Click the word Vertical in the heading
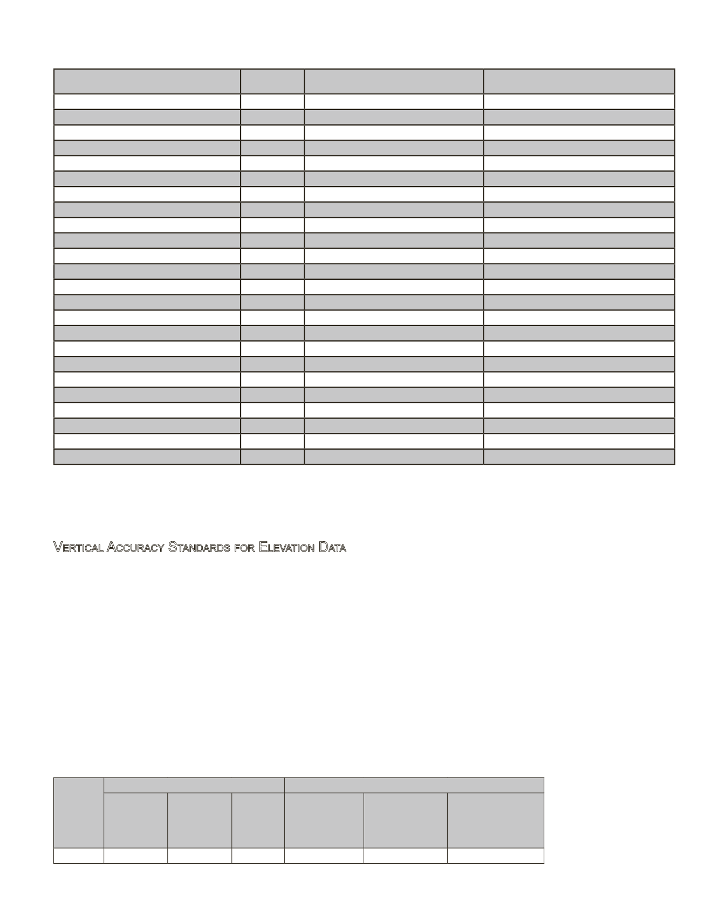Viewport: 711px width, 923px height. [79, 548]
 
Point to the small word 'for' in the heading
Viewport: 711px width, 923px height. [244, 548]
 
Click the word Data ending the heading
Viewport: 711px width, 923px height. [332, 548]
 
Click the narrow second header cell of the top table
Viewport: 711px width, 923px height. [272, 81]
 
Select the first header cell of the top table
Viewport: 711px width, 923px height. [147, 81]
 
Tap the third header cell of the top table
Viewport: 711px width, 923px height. [393, 81]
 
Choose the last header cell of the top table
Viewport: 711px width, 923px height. [578, 81]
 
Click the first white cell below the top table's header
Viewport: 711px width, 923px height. [147, 102]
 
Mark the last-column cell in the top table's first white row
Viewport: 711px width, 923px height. [578, 102]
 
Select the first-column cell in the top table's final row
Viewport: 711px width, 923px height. [147, 457]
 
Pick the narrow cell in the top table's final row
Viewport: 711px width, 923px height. [272, 457]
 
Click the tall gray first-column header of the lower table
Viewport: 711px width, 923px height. [78, 812]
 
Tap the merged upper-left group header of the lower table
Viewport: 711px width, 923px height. [194, 785]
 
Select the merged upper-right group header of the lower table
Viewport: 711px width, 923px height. [414, 785]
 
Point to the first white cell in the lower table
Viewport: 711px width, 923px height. [78, 856]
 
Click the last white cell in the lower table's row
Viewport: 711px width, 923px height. [495, 856]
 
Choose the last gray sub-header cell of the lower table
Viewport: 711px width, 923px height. [495, 820]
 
